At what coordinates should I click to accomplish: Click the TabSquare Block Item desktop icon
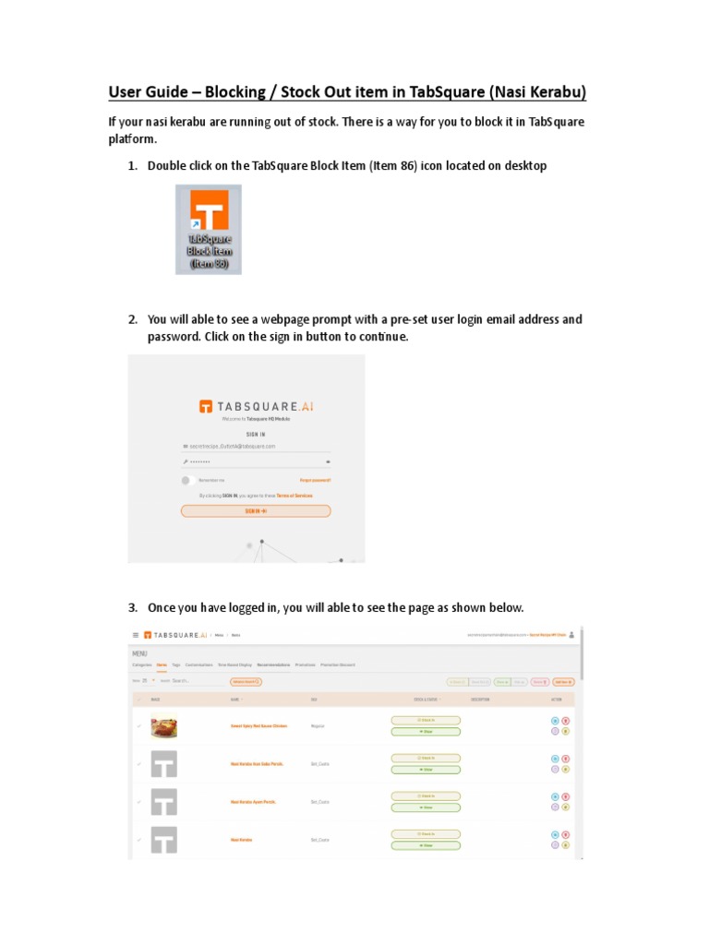209,229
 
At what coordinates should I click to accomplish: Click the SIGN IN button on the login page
256,510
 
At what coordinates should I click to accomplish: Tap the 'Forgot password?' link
315,480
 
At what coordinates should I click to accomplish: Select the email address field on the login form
256,446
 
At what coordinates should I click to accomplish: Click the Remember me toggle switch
186,480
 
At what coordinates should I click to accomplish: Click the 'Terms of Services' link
294,496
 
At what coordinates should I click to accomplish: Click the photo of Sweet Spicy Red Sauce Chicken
163,726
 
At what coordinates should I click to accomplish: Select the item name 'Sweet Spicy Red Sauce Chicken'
246,726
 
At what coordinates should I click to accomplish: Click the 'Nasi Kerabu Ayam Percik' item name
253,802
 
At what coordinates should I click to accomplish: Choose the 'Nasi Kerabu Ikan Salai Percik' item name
257,764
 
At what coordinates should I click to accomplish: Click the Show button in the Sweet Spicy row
426,732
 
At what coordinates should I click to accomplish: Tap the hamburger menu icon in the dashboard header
136,635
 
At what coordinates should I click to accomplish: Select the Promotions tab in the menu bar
305,664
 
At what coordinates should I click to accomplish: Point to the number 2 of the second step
132,320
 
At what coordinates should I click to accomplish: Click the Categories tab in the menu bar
142,664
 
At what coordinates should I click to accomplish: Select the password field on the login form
256,461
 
